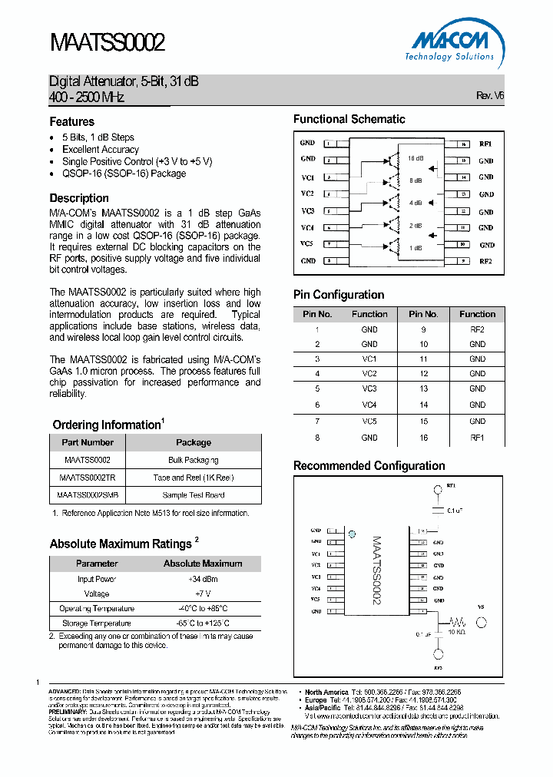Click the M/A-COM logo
tap(451, 45)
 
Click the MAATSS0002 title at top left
tap(107, 42)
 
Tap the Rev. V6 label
tap(490, 96)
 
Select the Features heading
tap(72, 121)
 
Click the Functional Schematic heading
tap(349, 119)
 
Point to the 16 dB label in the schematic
tap(416, 158)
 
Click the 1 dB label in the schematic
tap(415, 247)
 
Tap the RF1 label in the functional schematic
tap(485, 144)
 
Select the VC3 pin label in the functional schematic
tap(307, 210)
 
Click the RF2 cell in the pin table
tap(477, 329)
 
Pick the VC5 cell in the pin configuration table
tap(369, 421)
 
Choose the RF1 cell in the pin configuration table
tap(477, 437)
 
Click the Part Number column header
tap(88, 442)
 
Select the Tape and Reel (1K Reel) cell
tap(194, 478)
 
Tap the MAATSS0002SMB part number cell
tap(88, 495)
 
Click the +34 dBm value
tap(203, 579)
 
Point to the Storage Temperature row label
tap(97, 623)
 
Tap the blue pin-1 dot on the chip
tap(353, 534)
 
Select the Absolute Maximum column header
tap(203, 563)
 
